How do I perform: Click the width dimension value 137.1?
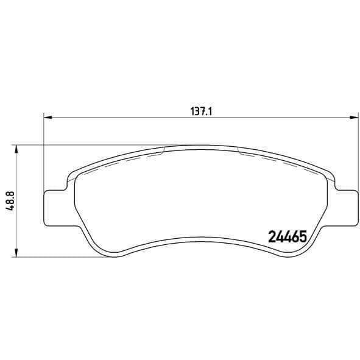[202, 111]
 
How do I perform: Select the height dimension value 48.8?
[11, 201]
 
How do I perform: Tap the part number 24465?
[288, 237]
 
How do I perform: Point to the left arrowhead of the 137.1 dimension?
[48, 118]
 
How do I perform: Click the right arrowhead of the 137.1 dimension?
[354, 118]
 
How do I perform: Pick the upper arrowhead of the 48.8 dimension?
[16, 149]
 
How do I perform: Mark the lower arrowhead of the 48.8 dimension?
[16, 252]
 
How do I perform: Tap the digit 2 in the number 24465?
[272, 237]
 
